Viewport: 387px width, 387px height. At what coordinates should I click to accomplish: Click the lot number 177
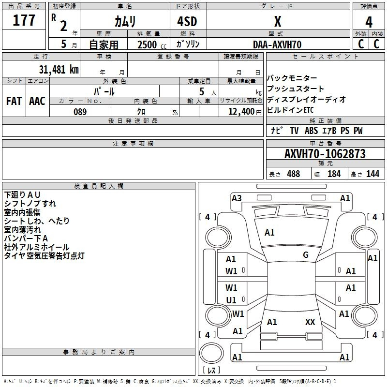24,20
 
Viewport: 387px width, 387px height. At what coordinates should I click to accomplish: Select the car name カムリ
125,21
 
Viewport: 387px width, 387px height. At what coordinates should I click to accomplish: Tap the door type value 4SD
187,21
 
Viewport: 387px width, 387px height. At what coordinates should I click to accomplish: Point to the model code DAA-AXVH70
277,45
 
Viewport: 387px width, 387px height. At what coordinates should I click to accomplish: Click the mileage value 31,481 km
59,69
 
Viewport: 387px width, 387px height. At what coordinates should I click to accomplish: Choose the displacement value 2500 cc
152,45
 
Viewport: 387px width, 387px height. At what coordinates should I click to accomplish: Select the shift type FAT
14,101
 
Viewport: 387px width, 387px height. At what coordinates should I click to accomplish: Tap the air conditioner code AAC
37,101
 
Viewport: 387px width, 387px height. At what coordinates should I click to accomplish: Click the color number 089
80,112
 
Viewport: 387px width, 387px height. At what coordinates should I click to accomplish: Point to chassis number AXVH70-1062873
325,154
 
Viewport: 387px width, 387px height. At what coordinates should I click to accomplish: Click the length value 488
294,174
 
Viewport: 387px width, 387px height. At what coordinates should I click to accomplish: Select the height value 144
372,174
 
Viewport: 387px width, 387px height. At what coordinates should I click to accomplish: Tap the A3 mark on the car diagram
237,198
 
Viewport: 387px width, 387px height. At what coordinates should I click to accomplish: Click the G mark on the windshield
306,255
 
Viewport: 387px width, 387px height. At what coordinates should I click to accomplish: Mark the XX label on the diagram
310,322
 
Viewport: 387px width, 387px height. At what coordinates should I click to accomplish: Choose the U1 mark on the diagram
231,300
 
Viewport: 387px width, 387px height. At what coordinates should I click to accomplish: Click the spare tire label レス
211,370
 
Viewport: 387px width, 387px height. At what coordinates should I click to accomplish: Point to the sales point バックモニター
292,78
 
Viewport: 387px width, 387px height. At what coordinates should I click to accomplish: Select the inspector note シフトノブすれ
30,204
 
